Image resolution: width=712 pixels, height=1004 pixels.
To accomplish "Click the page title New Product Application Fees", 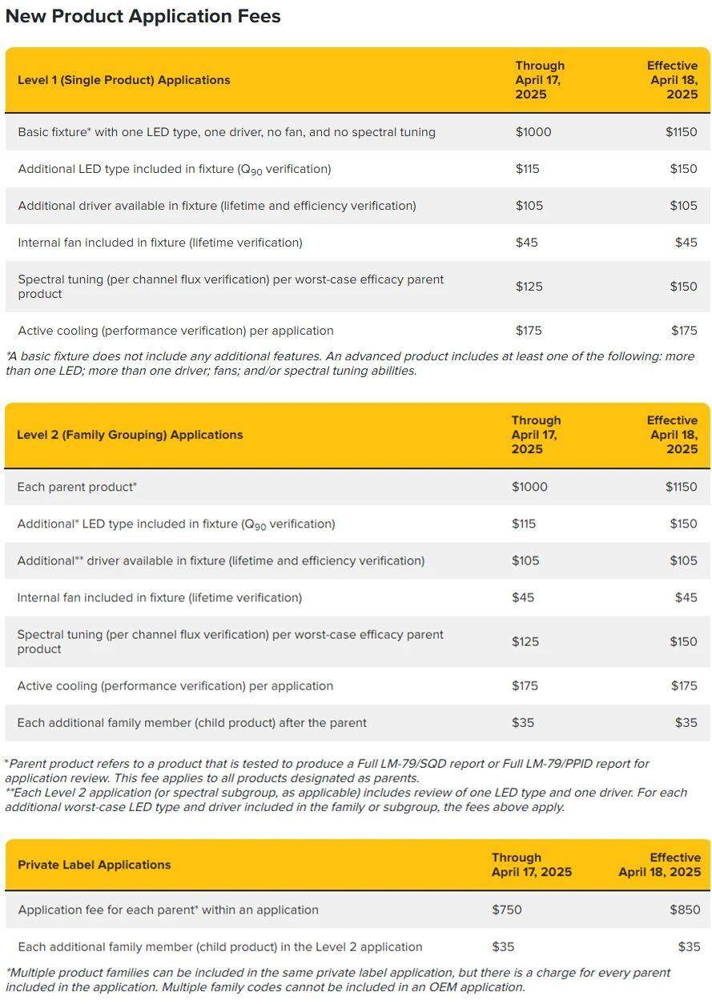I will click(x=143, y=16).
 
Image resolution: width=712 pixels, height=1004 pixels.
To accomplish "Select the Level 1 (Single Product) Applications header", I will click(x=123, y=80).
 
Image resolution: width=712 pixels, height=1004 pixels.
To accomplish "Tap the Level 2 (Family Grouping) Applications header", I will click(x=129, y=435).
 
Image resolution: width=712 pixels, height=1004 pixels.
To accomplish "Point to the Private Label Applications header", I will click(x=94, y=865).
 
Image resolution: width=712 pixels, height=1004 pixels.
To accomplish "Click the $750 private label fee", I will click(x=506, y=910).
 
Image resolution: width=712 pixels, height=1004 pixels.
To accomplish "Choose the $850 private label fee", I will click(x=685, y=910).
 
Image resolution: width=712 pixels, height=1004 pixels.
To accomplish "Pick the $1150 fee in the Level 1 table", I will click(x=681, y=132).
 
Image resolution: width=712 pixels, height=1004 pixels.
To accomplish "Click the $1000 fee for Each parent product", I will click(x=529, y=487).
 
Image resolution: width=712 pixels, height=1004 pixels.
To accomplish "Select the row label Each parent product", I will click(x=77, y=487).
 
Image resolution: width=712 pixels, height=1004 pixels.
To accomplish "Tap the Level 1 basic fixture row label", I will click(x=227, y=132).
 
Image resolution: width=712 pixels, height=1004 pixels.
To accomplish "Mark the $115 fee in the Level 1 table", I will click(x=527, y=169).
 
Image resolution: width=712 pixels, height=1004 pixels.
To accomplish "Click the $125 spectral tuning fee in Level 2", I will click(x=525, y=641).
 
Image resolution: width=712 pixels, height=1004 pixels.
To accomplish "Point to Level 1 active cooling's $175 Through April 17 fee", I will click(x=529, y=331).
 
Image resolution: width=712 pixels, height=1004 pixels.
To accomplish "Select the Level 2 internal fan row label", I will click(x=159, y=597).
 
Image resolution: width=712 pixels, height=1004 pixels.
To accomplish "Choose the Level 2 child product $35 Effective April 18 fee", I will click(x=686, y=722).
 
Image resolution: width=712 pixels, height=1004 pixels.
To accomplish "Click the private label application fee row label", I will click(x=168, y=910).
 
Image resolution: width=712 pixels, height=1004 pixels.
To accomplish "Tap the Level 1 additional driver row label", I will click(x=216, y=206).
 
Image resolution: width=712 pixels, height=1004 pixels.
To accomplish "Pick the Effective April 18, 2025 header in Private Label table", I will click(x=659, y=865).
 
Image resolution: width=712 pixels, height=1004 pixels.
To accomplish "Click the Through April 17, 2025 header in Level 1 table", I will click(x=540, y=80).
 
